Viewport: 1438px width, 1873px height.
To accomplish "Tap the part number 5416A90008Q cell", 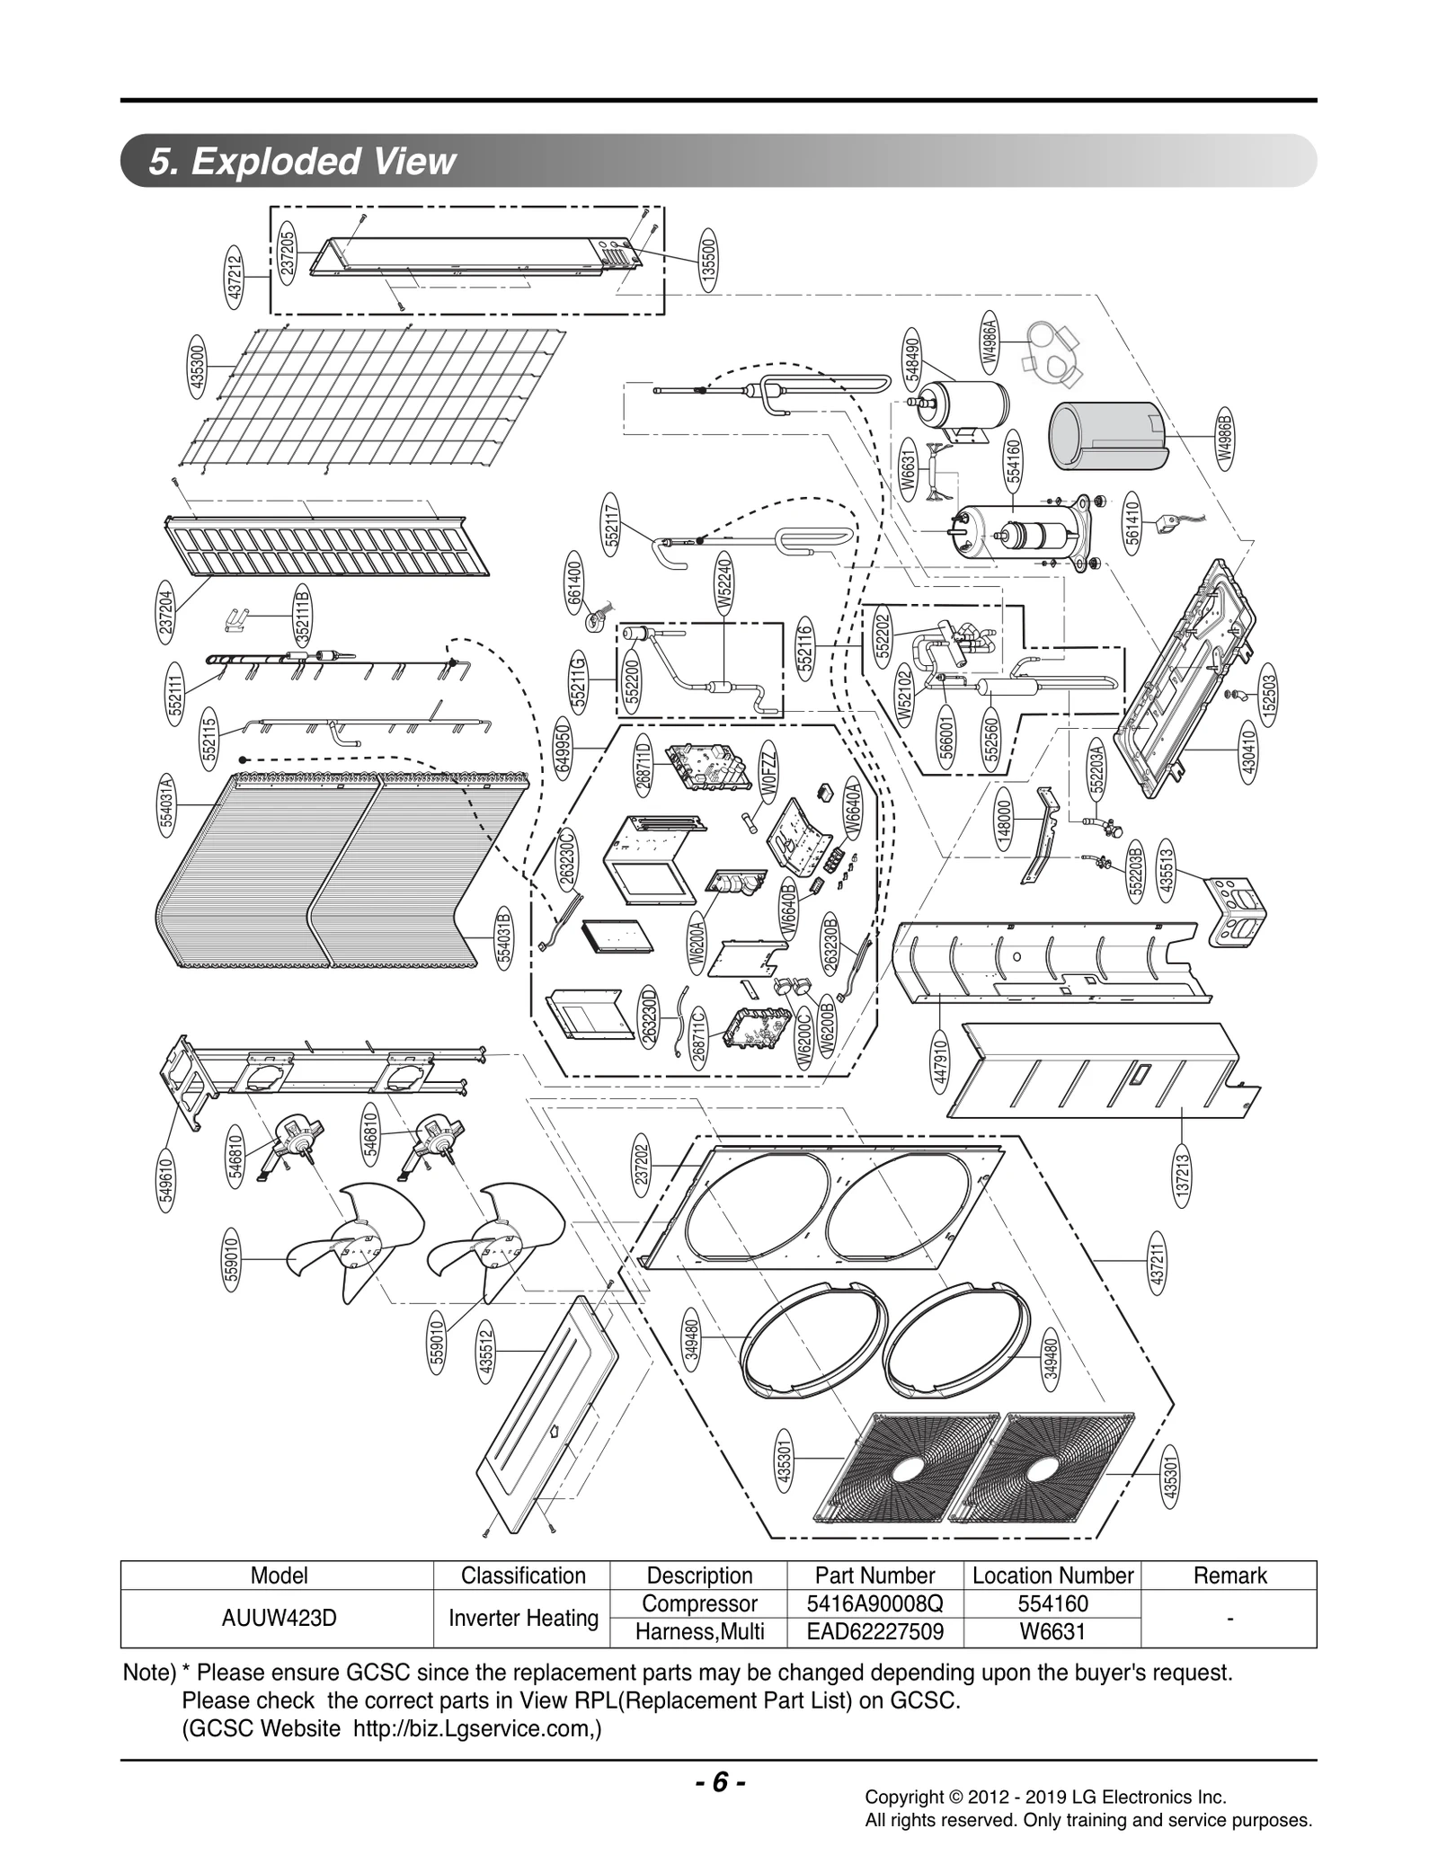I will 874,1603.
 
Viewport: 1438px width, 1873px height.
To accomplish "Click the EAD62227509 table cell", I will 874,1631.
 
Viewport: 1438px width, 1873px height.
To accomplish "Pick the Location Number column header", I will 1052,1576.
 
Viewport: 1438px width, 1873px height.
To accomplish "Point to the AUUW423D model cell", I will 279,1618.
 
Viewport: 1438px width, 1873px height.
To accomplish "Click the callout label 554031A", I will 168,804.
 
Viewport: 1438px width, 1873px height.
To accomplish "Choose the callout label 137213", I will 1182,1177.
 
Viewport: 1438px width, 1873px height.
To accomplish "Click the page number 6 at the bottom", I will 719,1782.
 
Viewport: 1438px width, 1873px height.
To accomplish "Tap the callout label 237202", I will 642,1165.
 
